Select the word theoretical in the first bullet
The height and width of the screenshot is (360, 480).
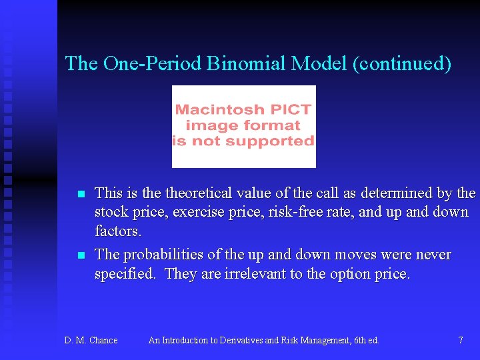(x=198, y=193)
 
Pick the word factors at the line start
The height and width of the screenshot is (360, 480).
(x=117, y=231)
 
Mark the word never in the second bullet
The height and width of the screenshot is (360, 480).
(x=433, y=255)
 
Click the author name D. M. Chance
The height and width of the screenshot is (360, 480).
(x=91, y=341)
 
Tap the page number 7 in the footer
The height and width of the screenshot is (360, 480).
(x=461, y=341)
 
